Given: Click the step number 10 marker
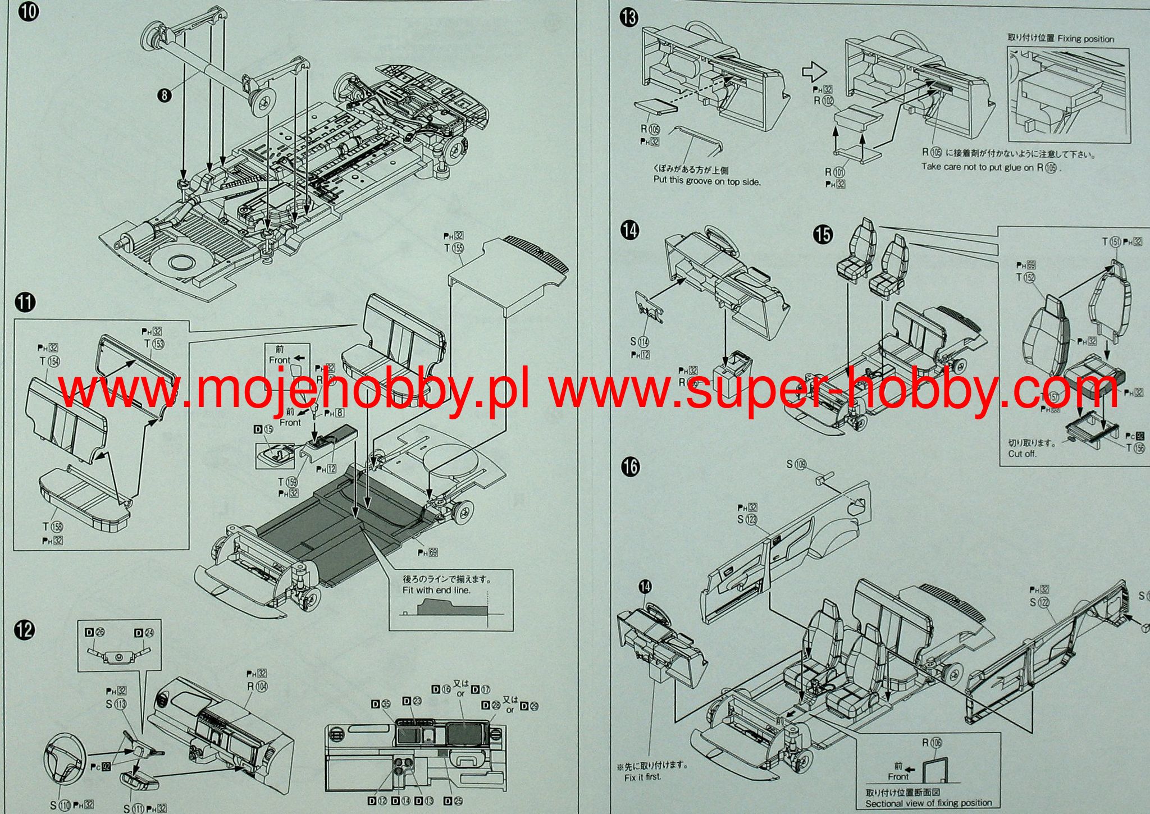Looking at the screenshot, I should [x=29, y=12].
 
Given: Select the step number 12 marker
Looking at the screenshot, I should [x=25, y=630].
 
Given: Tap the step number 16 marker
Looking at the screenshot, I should [x=631, y=467].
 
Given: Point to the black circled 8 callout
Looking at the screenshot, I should [x=163, y=95].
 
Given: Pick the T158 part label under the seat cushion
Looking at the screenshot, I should [x=53, y=526].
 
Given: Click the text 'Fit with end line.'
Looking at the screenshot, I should [x=436, y=590].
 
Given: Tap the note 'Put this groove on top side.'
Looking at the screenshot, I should [x=707, y=181].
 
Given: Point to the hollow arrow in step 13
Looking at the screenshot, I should [x=812, y=72].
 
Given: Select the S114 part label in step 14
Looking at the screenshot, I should [x=639, y=341].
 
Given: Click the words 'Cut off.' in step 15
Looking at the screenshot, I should [x=1021, y=454].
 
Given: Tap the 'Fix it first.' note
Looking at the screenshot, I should [x=642, y=777].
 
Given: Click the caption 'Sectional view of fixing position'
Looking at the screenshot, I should [x=928, y=803].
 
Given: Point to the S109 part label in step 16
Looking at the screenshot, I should [x=796, y=464].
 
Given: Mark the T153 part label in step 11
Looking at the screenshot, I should [x=154, y=344].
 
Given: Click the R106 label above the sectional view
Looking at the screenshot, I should [x=932, y=743].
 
